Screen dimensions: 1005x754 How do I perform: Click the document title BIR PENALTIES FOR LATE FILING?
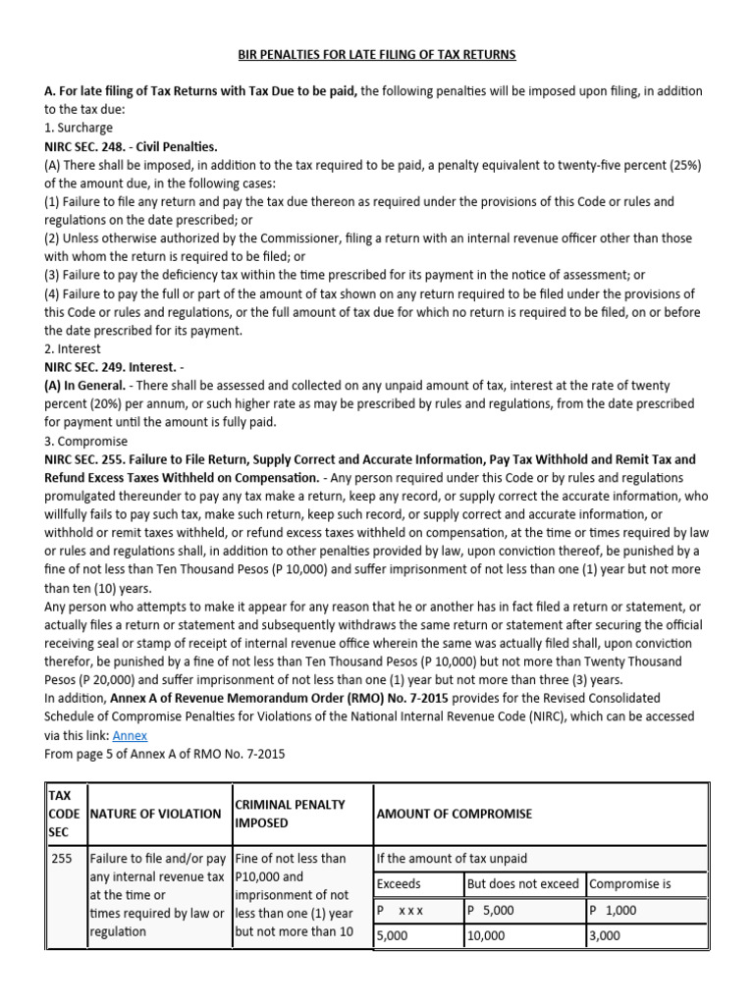coord(377,54)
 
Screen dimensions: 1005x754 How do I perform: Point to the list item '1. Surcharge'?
coord(79,128)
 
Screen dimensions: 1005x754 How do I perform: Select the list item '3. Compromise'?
coord(85,441)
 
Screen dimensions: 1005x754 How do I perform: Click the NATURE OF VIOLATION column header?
coord(155,814)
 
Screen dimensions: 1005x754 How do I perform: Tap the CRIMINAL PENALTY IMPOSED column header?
coord(289,813)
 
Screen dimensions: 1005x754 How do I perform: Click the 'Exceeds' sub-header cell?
coord(401,884)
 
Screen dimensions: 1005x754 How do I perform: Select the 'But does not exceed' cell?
coord(523,884)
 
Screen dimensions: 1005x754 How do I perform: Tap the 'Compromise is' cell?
coord(630,884)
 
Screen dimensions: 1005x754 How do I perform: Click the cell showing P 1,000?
coord(613,910)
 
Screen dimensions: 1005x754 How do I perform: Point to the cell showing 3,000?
coord(605,936)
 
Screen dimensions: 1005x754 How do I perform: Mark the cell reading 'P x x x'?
coord(401,910)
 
